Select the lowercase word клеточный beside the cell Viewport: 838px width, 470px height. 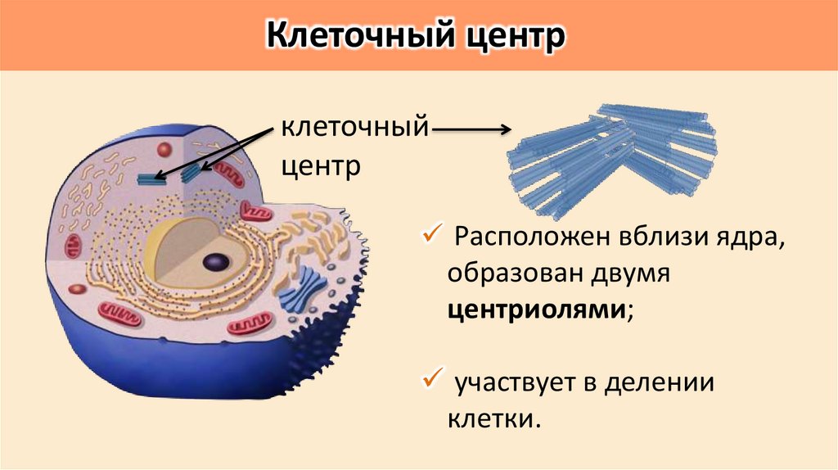click(355, 129)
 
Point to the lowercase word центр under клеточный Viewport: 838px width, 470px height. click(322, 167)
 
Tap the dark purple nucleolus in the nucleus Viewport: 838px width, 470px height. click(216, 262)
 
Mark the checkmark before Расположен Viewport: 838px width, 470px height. click(430, 237)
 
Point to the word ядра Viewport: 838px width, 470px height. click(751, 240)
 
